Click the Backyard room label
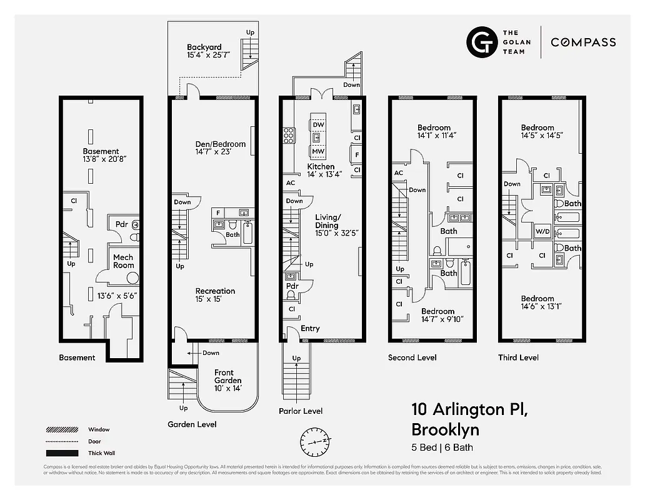pyautogui.click(x=204, y=47)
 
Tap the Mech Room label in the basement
pyautogui.click(x=123, y=261)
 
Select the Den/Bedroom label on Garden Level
pyautogui.click(x=221, y=144)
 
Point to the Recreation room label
pyautogui.click(x=215, y=291)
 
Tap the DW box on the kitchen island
pyautogui.click(x=318, y=124)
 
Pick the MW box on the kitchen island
pyautogui.click(x=318, y=151)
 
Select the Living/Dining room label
pyautogui.click(x=327, y=221)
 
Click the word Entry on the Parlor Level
pyautogui.click(x=310, y=328)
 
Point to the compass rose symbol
pyautogui.click(x=315, y=441)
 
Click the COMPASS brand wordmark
pyautogui.click(x=583, y=42)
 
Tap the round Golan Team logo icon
pyautogui.click(x=482, y=42)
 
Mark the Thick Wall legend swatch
pyautogui.click(x=61, y=453)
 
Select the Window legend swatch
pyautogui.click(x=61, y=429)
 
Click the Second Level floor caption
pyautogui.click(x=412, y=357)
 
